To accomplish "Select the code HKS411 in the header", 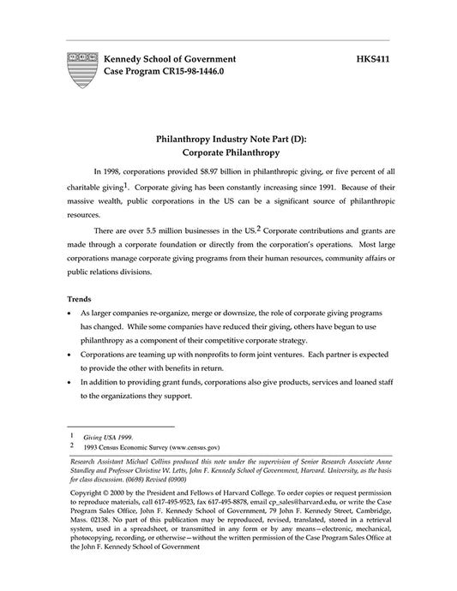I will click(374, 58).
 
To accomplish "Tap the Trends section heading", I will click(79, 299).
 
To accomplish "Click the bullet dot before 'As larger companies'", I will click(69, 315).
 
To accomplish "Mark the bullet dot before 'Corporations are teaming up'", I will click(69, 353).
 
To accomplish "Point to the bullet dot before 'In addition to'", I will click(69, 382).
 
